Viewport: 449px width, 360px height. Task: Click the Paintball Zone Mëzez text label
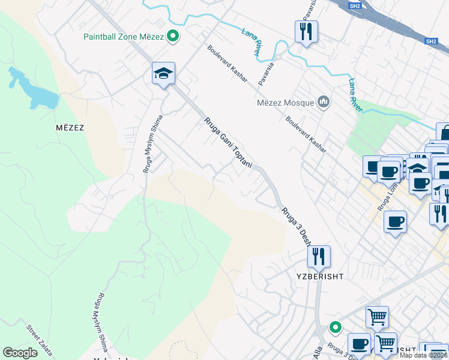click(123, 37)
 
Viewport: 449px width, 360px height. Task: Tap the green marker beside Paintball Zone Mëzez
click(173, 37)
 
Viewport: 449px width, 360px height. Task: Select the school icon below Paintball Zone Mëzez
click(163, 74)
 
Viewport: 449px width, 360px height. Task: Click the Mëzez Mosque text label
click(286, 102)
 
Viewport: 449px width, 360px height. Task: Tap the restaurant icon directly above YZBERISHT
click(319, 256)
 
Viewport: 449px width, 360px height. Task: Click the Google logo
click(20, 353)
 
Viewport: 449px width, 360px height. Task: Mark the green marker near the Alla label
click(335, 328)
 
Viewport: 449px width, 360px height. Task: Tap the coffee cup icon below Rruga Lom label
click(395, 221)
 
